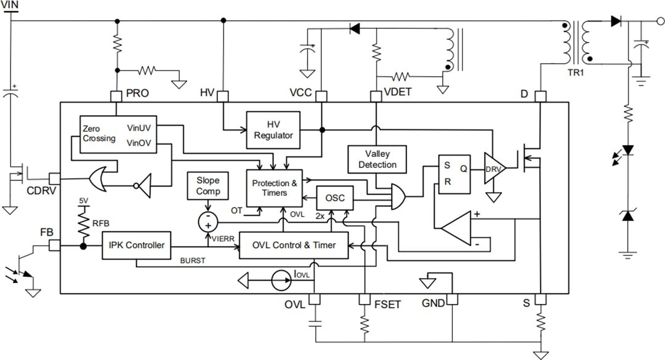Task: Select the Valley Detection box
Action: click(377, 158)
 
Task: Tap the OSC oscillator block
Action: click(335, 199)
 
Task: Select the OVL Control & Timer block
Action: click(294, 245)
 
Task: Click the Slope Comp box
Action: click(208, 186)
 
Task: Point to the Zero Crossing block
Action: click(100, 134)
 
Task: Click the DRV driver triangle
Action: click(493, 169)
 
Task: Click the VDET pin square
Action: click(376, 96)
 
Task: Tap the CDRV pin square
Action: click(54, 178)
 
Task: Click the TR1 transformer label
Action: click(575, 71)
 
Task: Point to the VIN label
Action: click(10, 6)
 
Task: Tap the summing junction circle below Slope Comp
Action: click(208, 222)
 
